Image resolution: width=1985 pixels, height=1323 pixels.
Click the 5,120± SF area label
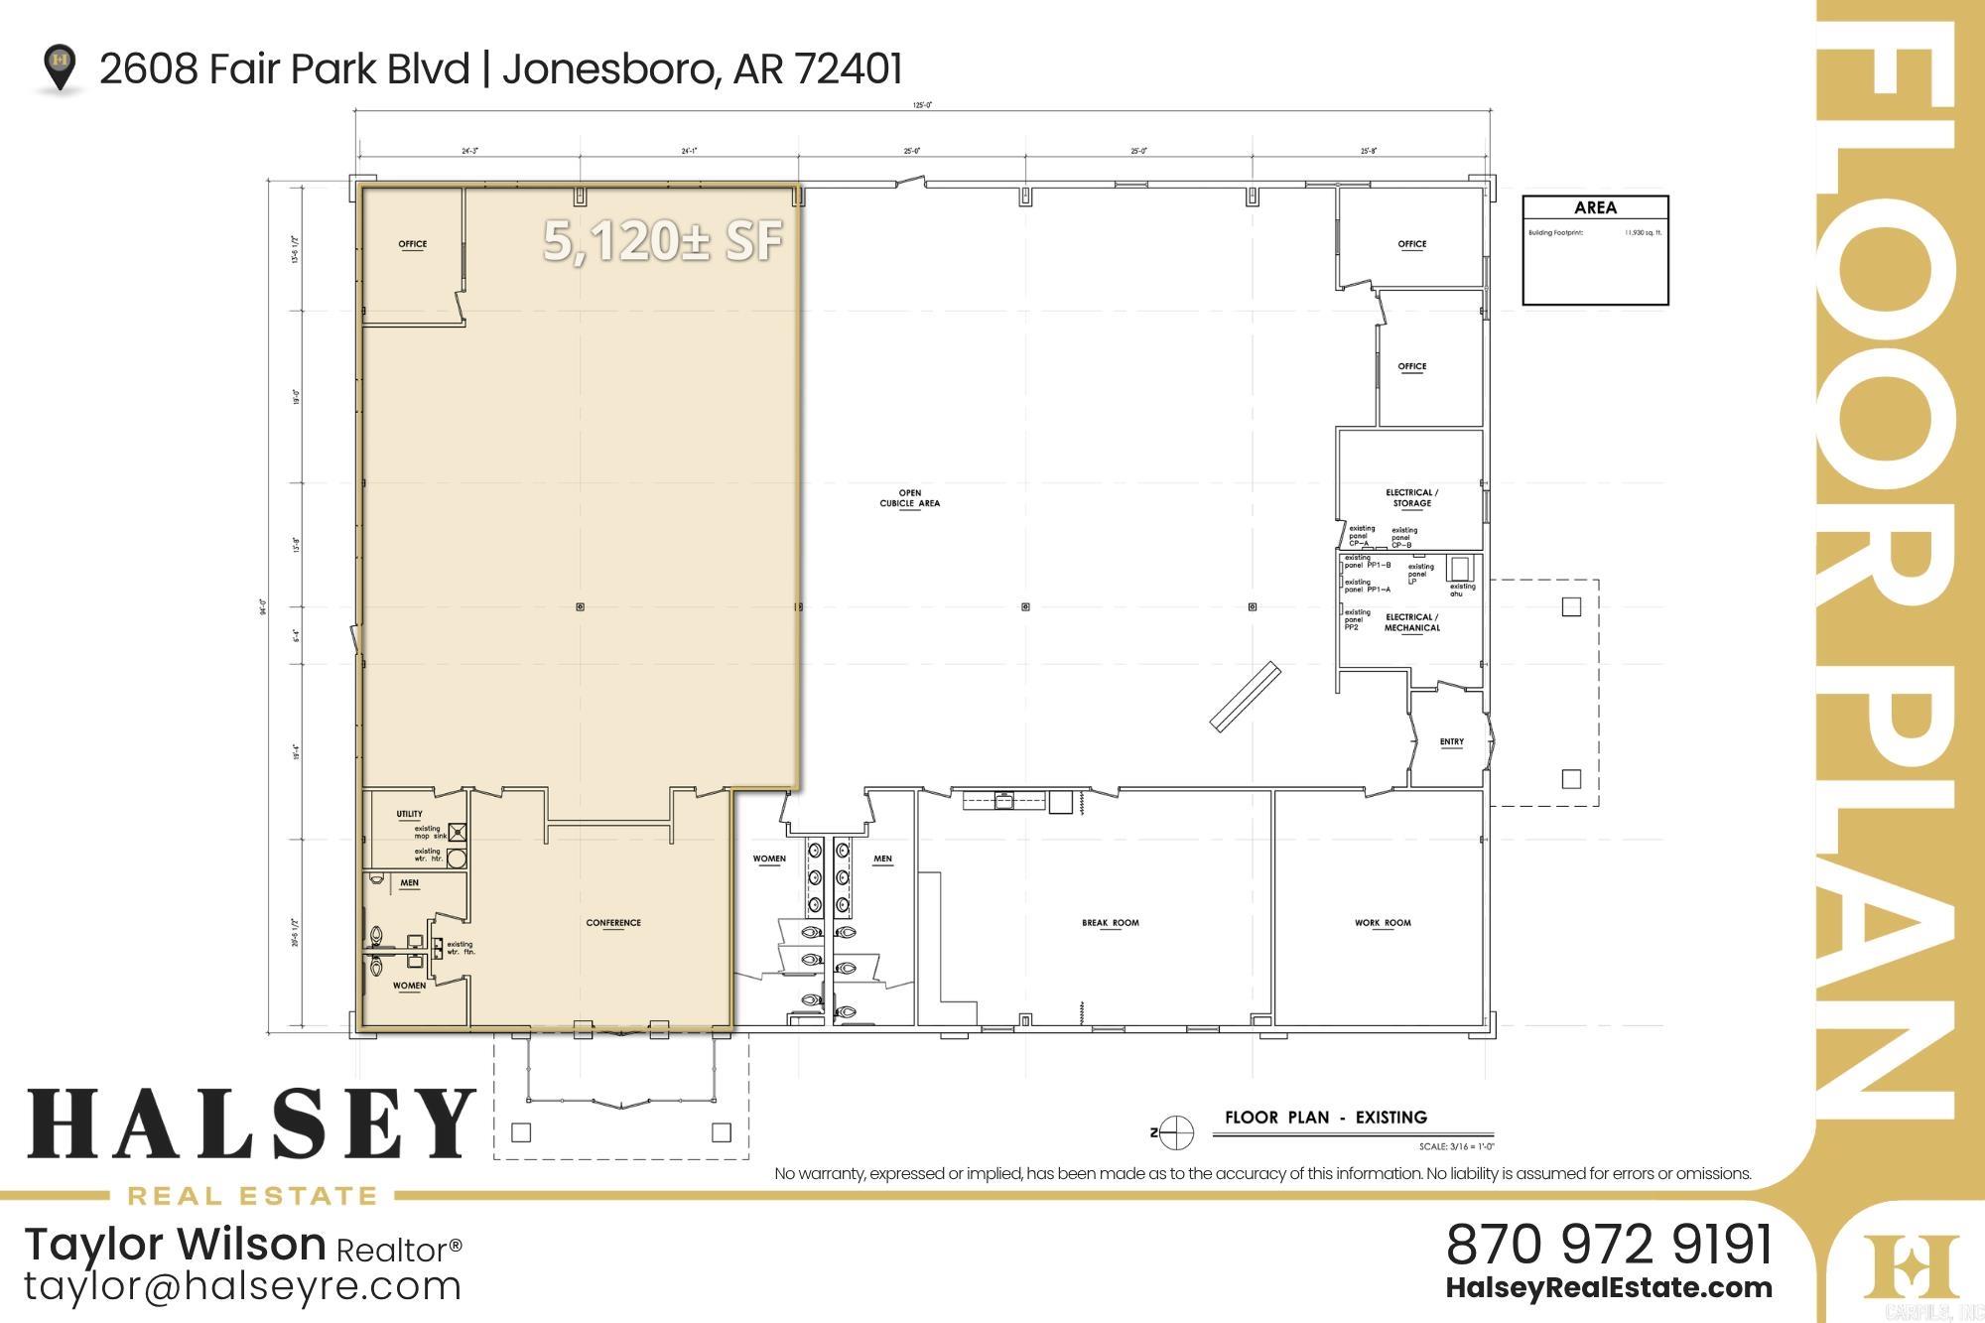[663, 241]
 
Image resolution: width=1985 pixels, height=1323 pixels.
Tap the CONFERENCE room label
[613, 923]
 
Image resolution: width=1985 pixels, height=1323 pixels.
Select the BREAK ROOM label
[1111, 923]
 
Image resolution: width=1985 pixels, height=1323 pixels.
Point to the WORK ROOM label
[1383, 923]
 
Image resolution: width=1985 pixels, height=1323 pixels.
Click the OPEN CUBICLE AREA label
[909, 498]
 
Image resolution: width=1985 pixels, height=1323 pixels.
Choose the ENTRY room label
[1451, 741]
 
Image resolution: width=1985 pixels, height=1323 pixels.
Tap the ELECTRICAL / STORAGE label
[1411, 498]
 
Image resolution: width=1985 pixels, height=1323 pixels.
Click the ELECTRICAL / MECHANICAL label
[1411, 622]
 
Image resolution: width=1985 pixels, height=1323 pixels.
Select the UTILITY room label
[409, 814]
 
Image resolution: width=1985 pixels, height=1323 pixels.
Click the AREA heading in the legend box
[1595, 207]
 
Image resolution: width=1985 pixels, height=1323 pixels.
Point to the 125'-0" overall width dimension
[922, 104]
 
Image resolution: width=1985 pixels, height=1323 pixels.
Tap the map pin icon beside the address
[61, 66]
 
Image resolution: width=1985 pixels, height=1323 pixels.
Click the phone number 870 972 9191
[1608, 1244]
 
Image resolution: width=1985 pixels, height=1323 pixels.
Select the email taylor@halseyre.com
[243, 1286]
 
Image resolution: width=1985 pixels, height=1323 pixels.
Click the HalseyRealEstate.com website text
[1608, 1288]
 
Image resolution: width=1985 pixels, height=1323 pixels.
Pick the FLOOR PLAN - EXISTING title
[1325, 1118]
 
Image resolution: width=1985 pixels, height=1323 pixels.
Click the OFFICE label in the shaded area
[412, 244]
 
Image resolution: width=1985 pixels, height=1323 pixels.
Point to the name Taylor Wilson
[175, 1244]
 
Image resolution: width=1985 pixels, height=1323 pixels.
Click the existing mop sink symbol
[457, 832]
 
